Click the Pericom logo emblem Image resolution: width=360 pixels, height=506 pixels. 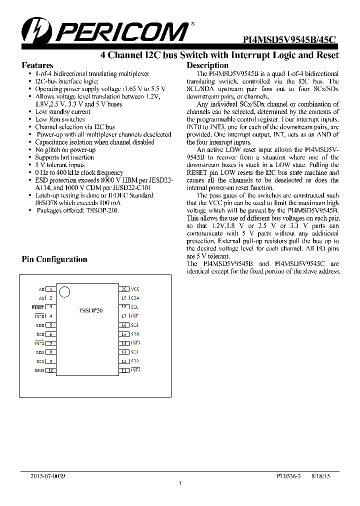click(36, 30)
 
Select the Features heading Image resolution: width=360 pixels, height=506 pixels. click(37, 65)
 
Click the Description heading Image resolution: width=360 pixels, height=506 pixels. click(207, 65)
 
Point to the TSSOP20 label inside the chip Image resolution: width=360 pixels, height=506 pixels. click(90, 310)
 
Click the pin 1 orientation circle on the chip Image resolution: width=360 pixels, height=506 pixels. click(63, 291)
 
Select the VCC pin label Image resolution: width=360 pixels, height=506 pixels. click(135, 289)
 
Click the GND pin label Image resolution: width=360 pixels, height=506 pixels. click(39, 370)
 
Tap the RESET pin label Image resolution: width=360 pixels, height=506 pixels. click(38, 307)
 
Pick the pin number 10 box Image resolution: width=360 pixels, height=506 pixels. click(50, 370)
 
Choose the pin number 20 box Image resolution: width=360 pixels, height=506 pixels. click(123, 289)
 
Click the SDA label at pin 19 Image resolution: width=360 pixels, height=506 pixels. click(135, 298)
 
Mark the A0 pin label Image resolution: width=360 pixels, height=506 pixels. click(41, 289)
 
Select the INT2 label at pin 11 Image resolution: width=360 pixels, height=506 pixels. click(135, 370)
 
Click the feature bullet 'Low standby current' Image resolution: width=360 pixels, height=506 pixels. click(62, 112)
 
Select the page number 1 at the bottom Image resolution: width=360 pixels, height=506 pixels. click(179, 483)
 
